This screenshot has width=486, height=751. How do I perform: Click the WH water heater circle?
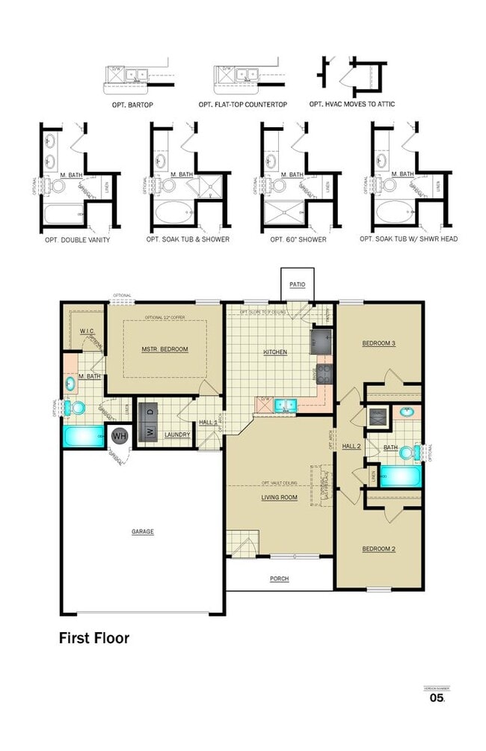(120, 435)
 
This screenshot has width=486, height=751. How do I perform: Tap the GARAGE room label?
(143, 532)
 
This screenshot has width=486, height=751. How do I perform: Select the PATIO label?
(298, 285)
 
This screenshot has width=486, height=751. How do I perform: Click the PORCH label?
(279, 579)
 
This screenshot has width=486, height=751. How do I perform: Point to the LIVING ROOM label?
(279, 497)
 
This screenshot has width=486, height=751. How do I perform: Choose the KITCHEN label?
(275, 352)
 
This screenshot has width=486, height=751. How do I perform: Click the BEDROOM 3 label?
(378, 343)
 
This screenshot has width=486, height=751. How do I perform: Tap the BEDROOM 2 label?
(378, 549)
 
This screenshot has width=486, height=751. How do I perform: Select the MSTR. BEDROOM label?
(164, 349)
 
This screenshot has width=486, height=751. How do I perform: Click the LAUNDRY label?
(177, 435)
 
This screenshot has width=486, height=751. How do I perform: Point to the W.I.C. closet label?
(87, 331)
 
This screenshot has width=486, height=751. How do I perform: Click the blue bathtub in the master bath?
(84, 437)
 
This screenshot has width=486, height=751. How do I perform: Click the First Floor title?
(94, 638)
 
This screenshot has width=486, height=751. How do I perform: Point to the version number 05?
(437, 698)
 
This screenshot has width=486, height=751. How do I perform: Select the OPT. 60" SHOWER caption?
(295, 239)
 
